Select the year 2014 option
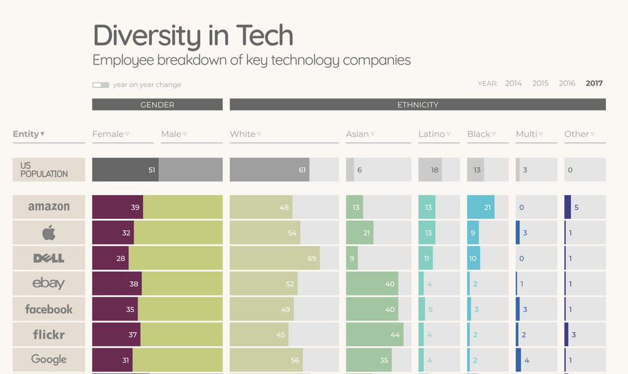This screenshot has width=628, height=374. click(513, 83)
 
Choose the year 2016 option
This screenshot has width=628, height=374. click(566, 83)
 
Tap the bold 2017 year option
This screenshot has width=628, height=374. click(593, 83)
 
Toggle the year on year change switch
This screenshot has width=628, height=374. click(100, 85)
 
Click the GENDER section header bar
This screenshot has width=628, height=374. click(157, 105)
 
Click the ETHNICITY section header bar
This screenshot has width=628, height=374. click(418, 105)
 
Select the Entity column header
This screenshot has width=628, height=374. click(29, 134)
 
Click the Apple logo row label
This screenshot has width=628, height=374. click(49, 233)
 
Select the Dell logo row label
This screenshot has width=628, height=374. click(49, 258)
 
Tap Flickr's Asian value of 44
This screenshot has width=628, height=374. click(395, 334)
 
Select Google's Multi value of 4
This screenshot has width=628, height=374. click(527, 360)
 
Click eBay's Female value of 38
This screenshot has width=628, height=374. click(133, 284)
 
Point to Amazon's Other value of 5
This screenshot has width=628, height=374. click(576, 207)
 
